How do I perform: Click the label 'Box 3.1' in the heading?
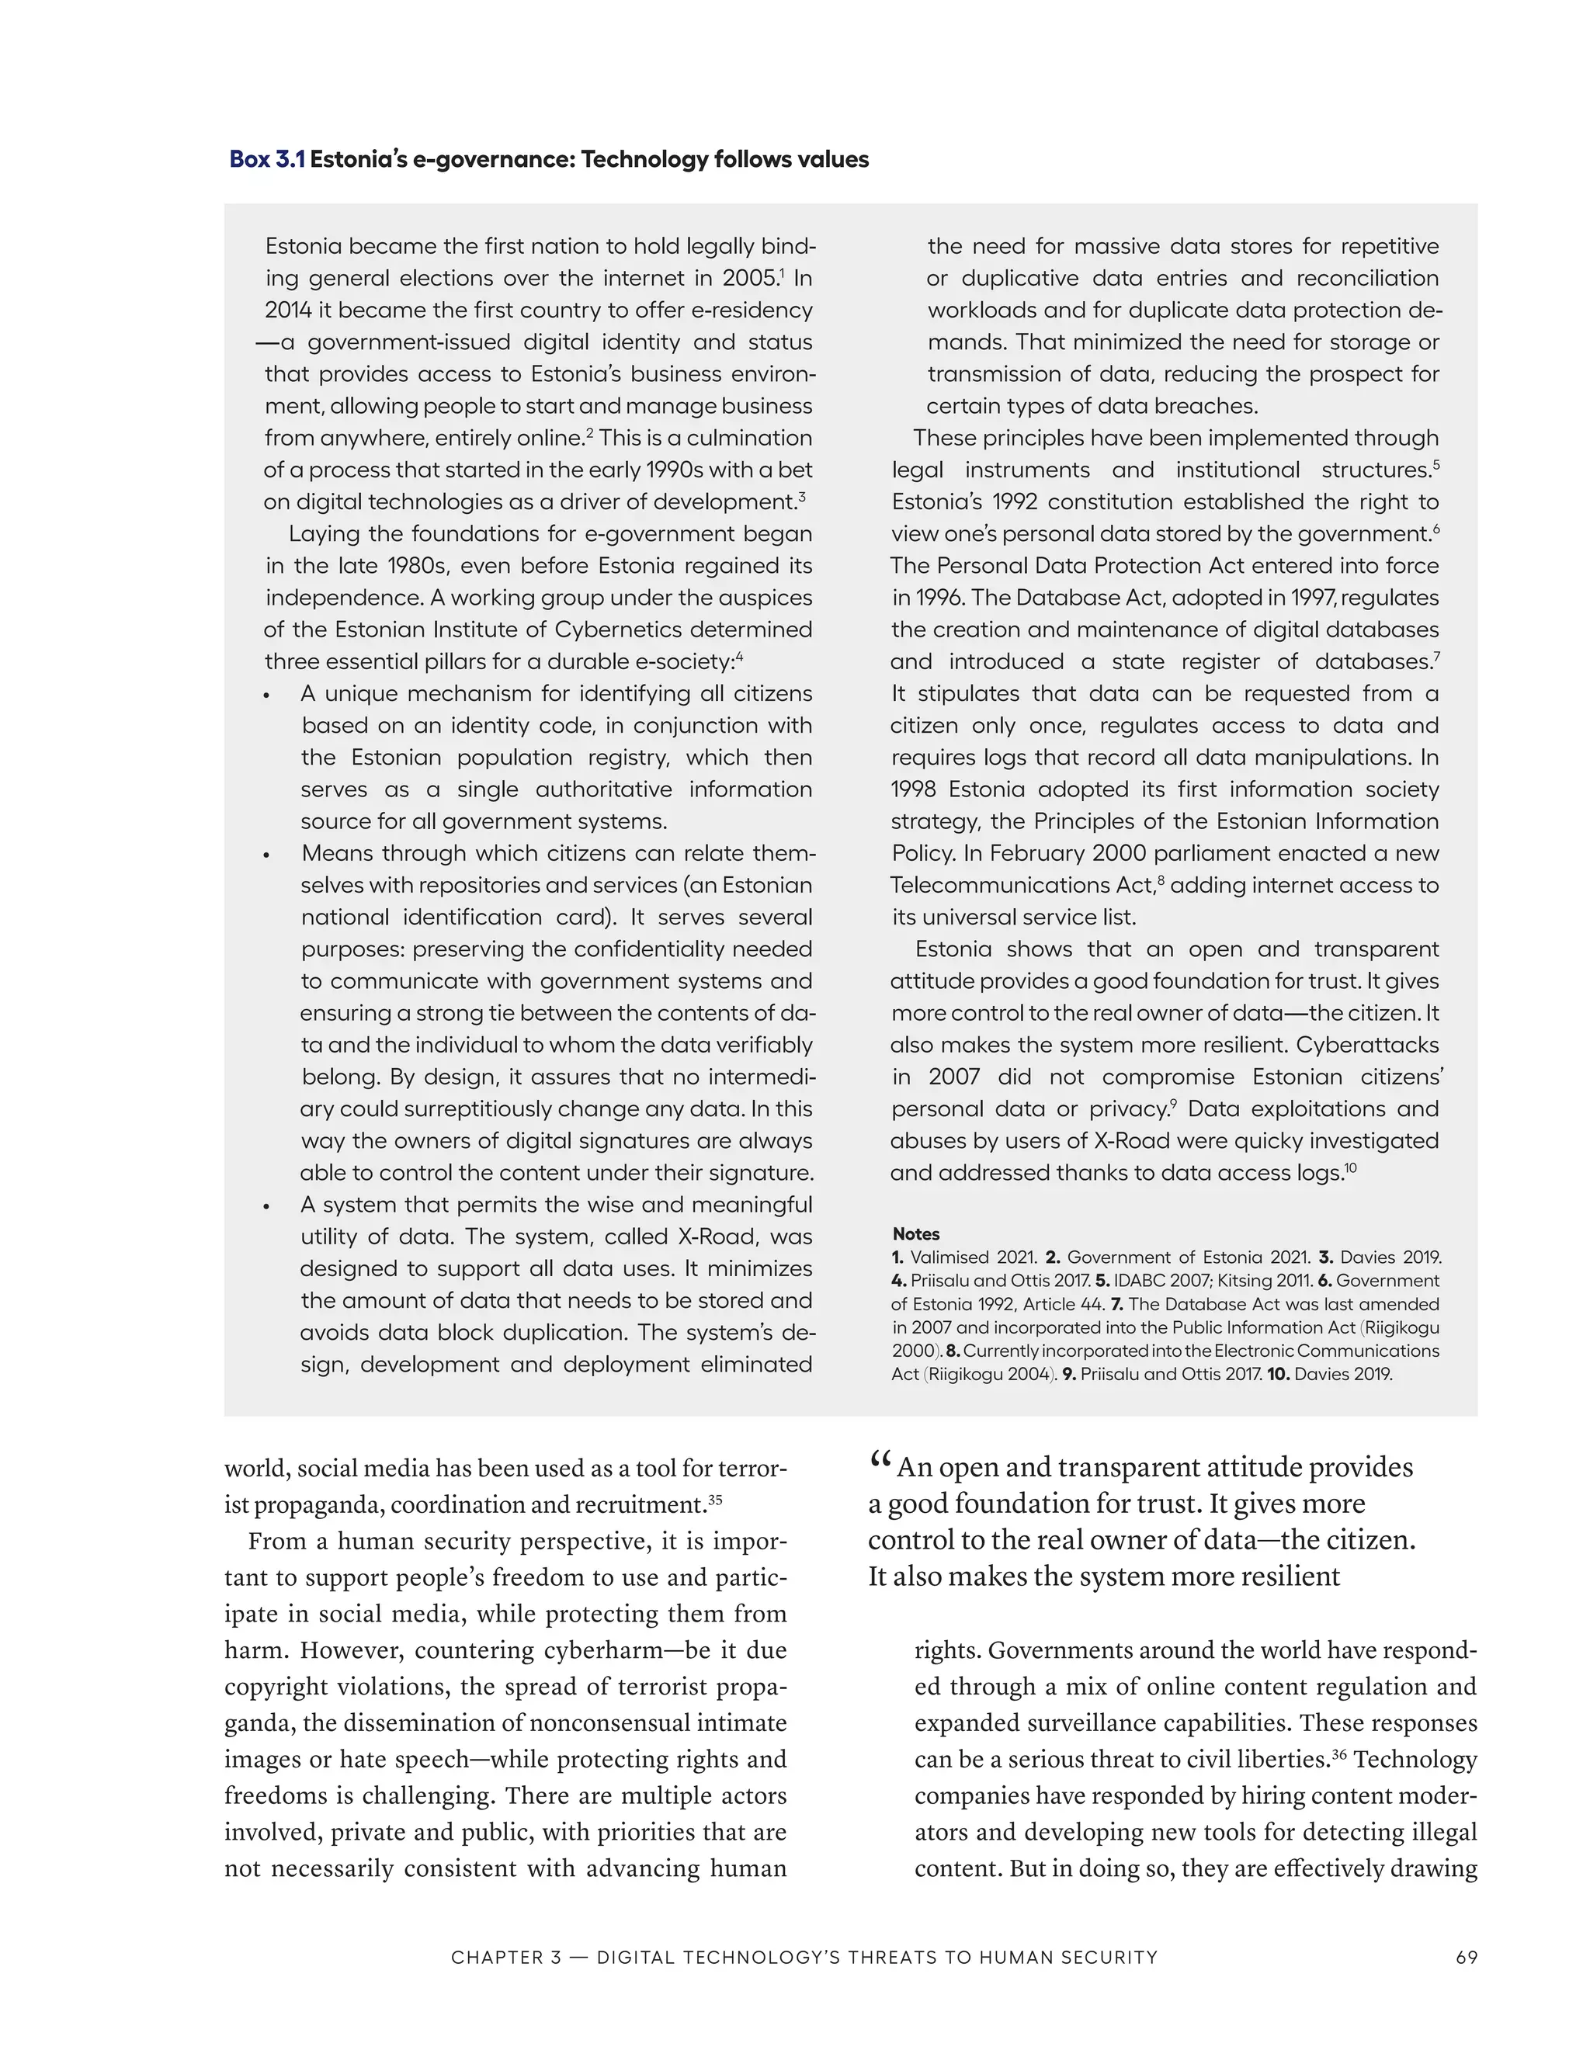tap(266, 159)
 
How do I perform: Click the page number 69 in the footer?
tap(1466, 1957)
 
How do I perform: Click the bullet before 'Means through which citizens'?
tap(268, 855)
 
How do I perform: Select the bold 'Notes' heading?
tap(915, 1234)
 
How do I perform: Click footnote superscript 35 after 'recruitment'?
tap(715, 1500)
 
